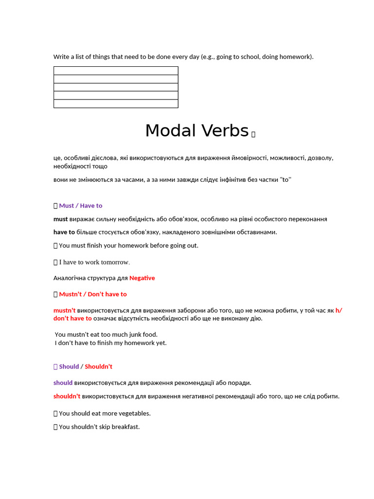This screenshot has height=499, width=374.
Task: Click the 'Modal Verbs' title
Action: coord(197,131)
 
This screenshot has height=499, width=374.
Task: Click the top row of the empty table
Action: coord(115,71)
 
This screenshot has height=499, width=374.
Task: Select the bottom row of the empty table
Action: coord(115,103)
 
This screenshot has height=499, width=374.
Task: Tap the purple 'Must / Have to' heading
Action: coord(80,206)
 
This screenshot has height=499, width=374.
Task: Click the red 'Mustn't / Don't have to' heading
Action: coord(93,294)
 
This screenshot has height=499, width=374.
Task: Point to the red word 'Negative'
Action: coord(142,278)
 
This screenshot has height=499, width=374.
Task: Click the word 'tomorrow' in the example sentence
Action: coord(115,262)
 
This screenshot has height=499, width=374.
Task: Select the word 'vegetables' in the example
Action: coord(134,413)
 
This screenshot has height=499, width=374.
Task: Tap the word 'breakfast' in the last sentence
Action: coord(125,427)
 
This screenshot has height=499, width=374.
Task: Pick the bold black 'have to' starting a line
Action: coord(64,232)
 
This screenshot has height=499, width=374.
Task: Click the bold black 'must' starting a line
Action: coord(60,219)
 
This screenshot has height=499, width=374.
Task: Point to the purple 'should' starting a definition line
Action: coord(63,383)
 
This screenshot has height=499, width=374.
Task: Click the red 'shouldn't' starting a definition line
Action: coord(67,396)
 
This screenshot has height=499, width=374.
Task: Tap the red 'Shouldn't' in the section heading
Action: coord(98,366)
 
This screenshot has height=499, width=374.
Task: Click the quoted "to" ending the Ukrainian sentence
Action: coord(286,179)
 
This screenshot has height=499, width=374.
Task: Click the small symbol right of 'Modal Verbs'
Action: coord(253,134)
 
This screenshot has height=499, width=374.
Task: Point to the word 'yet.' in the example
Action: coord(160,343)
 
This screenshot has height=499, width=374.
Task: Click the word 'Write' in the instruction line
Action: coord(61,57)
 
